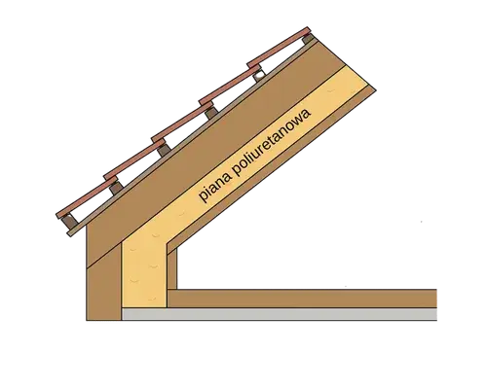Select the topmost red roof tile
coord(279,48)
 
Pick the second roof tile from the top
coord(230,85)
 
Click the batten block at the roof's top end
coord(308,39)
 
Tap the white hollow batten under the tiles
coord(259,76)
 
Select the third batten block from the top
coord(210,113)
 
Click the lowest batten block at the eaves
coord(67,223)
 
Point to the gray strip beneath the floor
coord(280,314)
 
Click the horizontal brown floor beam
coord(302,299)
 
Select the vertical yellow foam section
coord(144,274)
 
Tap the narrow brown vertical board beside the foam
coord(172,268)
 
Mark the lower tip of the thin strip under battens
coord(69,234)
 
